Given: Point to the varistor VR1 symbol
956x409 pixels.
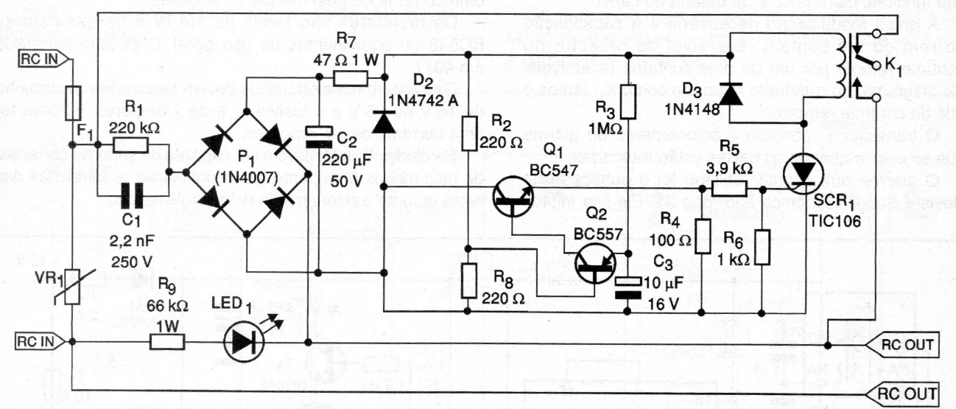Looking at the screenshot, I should click(x=74, y=287).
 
